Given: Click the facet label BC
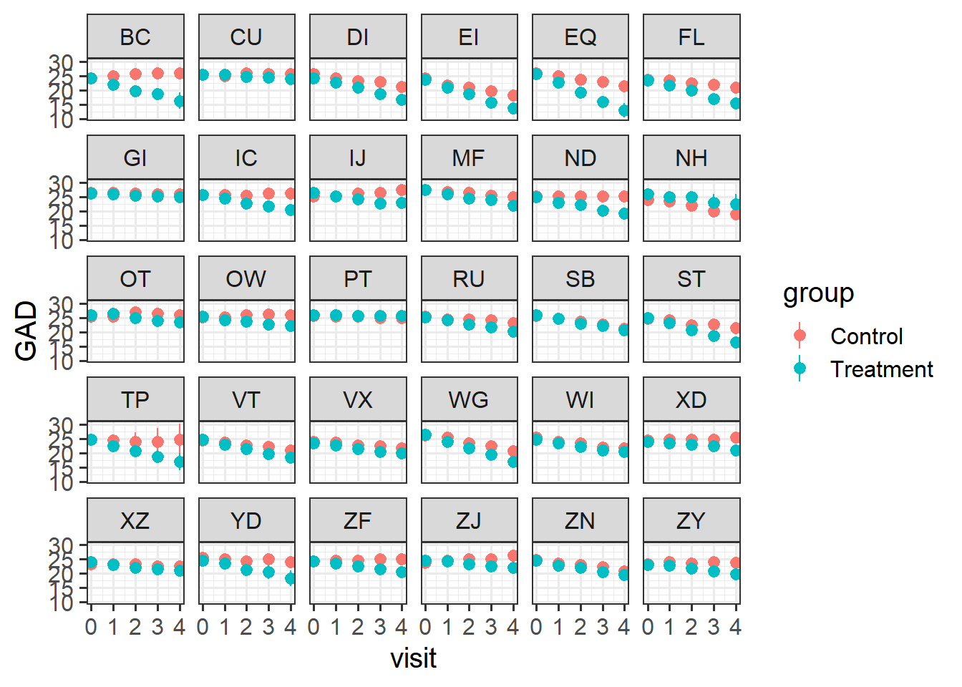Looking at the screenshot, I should point(135,37).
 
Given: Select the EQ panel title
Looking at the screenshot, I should point(580,37).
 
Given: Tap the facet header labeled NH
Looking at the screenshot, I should point(691,158).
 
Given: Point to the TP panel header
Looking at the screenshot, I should point(135,400).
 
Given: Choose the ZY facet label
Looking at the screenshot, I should point(691,521).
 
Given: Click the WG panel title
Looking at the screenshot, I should point(469,400).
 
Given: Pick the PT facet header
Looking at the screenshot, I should point(358,279).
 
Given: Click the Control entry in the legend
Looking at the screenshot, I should point(866,336).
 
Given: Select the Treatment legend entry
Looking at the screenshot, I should point(881,369).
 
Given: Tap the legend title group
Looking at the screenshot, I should point(818,293).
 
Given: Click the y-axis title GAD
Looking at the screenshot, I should point(26,331).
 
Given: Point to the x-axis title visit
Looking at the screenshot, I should point(413,658).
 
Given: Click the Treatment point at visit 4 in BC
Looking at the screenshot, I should point(180,102).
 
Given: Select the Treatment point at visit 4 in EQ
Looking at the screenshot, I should point(624,110).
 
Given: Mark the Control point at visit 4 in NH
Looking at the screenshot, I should point(736,214).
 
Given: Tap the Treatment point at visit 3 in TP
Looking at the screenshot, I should point(157,457).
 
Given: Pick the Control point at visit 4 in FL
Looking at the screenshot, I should point(736,88).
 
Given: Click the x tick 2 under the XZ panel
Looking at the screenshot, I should point(135,628).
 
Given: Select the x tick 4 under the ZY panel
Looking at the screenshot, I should point(736,628).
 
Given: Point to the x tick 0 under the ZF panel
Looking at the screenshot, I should point(314,628).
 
